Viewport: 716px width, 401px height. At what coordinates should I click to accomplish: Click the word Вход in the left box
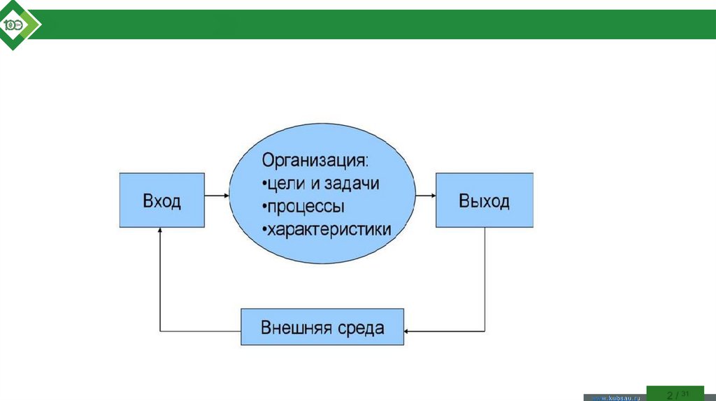(162, 202)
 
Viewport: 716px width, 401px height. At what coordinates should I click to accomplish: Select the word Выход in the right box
(484, 202)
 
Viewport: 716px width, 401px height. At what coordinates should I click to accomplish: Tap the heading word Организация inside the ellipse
(313, 161)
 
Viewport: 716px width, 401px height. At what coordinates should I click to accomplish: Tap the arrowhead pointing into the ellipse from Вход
(225, 196)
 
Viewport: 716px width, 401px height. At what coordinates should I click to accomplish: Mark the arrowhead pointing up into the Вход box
(161, 232)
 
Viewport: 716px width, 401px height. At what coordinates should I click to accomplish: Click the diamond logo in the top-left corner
(17, 25)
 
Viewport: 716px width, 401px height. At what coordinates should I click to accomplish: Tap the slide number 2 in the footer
(669, 395)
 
